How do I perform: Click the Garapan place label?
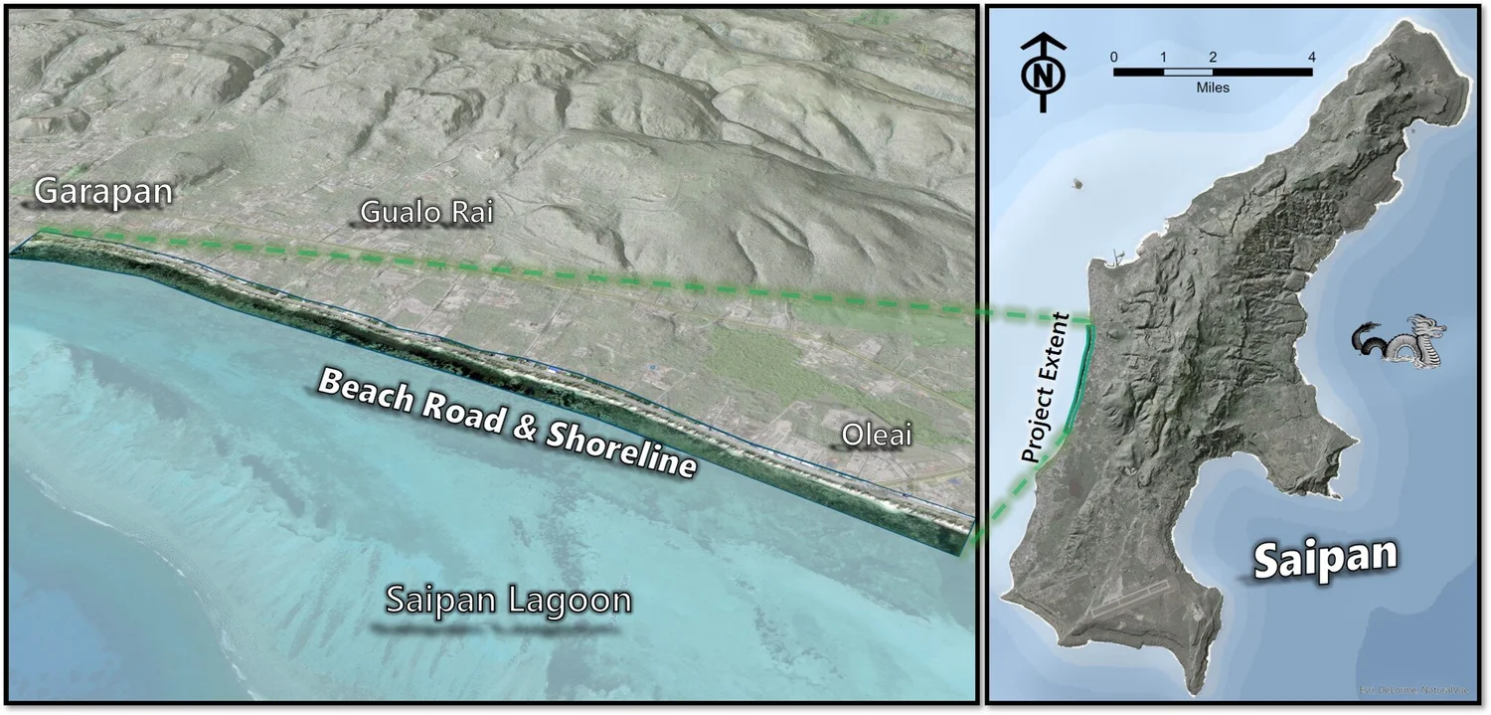tap(103, 192)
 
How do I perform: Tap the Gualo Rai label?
tap(426, 212)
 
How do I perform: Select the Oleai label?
tap(876, 435)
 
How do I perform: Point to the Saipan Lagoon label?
tap(508, 601)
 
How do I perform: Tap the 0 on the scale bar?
tap(1114, 57)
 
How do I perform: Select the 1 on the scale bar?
tap(1163, 57)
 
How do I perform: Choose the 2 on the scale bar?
tap(1213, 57)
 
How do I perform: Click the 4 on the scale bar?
tap(1311, 57)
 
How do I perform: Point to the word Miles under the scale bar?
tap(1213, 88)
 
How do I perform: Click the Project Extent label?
tap(1047, 389)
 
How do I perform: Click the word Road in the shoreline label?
tap(456, 409)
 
